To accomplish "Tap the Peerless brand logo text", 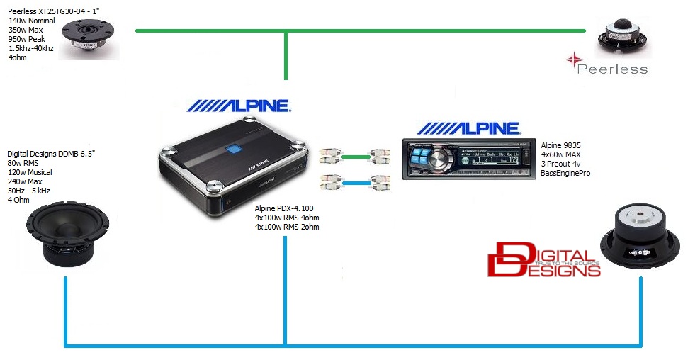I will click(611, 69).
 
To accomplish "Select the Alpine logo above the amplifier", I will click(239, 106).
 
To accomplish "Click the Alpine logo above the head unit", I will click(468, 128).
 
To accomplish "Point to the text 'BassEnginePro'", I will click(565, 172).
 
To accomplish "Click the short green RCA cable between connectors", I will click(359, 154).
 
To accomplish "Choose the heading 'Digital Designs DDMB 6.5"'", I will click(51, 154).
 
